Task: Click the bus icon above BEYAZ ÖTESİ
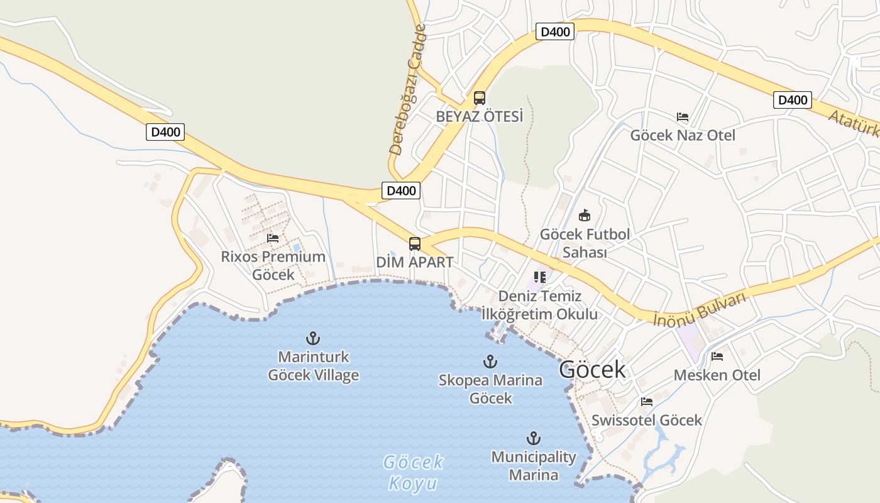(x=480, y=98)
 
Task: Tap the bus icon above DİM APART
(x=415, y=244)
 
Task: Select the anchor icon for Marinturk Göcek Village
(x=313, y=338)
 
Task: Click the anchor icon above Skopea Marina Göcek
(x=490, y=362)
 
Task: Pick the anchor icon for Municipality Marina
(x=534, y=438)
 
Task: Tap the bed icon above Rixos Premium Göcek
(x=273, y=238)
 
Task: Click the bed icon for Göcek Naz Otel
(x=683, y=117)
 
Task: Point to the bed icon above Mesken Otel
(x=717, y=357)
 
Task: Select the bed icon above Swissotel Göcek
(x=647, y=402)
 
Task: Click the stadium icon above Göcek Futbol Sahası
(x=585, y=216)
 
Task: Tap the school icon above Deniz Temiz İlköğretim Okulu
(x=539, y=277)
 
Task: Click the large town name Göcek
(x=592, y=370)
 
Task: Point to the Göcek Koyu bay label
(x=414, y=473)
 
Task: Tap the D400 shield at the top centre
(x=555, y=31)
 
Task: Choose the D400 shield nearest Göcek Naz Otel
(x=792, y=99)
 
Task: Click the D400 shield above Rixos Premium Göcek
(x=165, y=132)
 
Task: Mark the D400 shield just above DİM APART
(x=400, y=191)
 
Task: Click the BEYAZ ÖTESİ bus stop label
(x=480, y=117)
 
